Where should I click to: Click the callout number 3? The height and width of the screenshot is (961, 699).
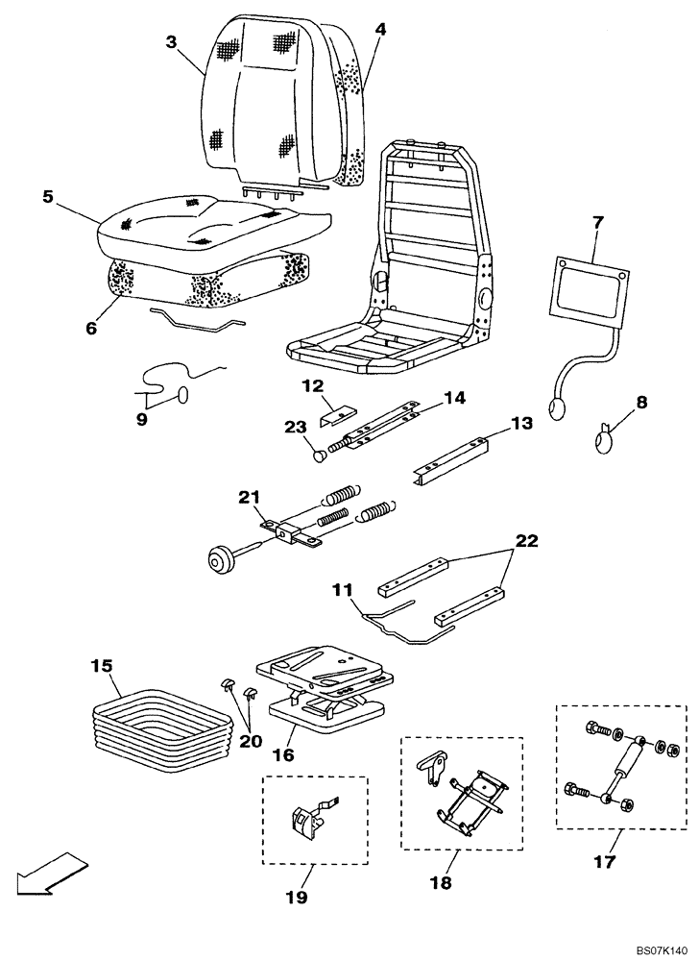(171, 41)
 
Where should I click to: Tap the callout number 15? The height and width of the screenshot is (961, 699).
(102, 665)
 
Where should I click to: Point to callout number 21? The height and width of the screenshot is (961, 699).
(250, 497)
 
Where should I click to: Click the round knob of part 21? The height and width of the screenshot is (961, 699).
(221, 559)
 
